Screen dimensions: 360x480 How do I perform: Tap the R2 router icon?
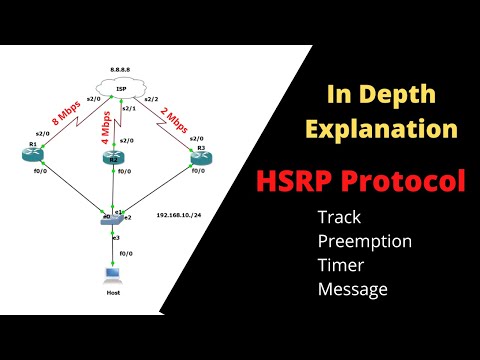tap(116, 158)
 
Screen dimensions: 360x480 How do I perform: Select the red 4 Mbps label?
tap(106, 124)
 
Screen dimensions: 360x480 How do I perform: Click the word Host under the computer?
tap(114, 295)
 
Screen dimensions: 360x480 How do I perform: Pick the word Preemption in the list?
tap(364, 241)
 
